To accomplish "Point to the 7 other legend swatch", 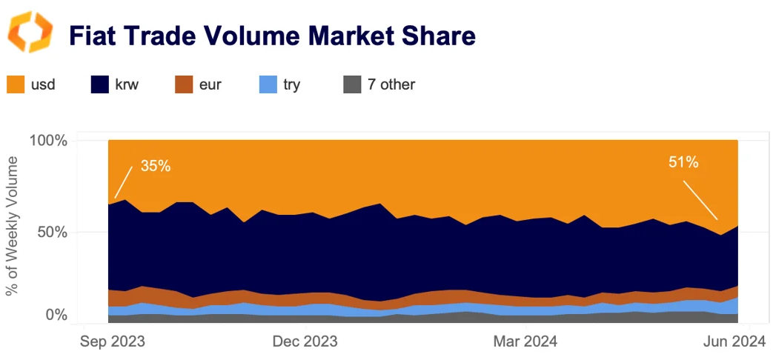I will click(353, 84).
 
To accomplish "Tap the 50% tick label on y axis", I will click(51, 232).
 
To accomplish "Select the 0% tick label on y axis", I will click(56, 315).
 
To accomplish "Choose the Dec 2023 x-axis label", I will click(305, 341).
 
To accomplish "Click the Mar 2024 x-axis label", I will click(525, 341).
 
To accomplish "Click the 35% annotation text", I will click(156, 166).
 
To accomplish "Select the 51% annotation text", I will click(683, 162).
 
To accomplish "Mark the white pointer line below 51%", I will click(700, 198).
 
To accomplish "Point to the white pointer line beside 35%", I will click(124, 182).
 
